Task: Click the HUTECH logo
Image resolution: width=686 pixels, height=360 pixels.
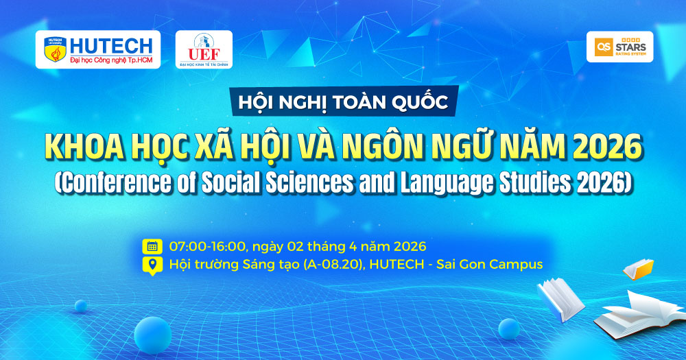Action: pyautogui.click(x=98, y=49)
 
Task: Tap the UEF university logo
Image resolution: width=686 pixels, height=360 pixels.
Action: pyautogui.click(x=204, y=49)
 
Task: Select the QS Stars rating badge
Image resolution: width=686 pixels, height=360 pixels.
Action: pyautogui.click(x=619, y=47)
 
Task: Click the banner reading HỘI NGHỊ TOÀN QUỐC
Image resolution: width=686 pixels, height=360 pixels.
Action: pyautogui.click(x=344, y=101)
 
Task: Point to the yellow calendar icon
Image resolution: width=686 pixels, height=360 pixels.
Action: pyautogui.click(x=152, y=246)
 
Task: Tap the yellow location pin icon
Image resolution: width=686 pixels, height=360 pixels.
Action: pyautogui.click(x=152, y=265)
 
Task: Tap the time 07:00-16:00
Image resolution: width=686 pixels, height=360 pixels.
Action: pyautogui.click(x=207, y=246)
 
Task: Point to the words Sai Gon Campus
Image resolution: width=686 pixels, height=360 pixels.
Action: pyautogui.click(x=490, y=265)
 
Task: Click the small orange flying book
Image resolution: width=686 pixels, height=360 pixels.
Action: pyautogui.click(x=638, y=269)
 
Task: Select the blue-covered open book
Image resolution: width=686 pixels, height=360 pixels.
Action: pyautogui.click(x=560, y=299)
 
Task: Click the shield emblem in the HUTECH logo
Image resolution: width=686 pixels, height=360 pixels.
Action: pyautogui.click(x=55, y=49)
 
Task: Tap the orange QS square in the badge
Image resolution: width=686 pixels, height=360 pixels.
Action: pyautogui.click(x=603, y=47)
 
